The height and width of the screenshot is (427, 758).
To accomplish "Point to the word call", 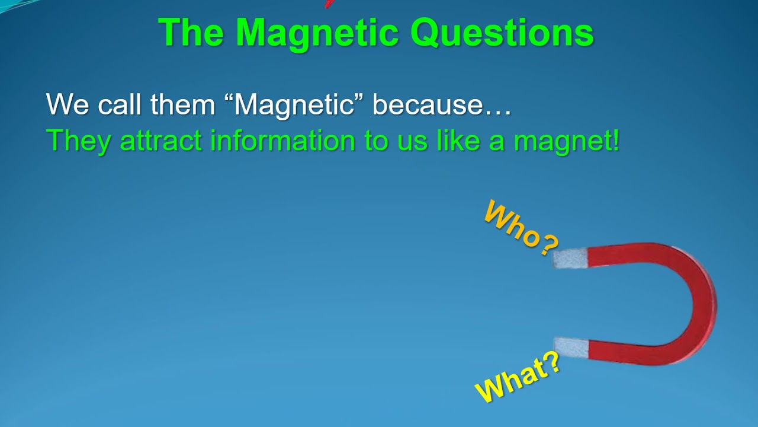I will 120,104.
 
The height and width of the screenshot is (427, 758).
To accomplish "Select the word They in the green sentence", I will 79,141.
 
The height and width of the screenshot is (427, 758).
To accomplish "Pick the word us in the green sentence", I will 408,141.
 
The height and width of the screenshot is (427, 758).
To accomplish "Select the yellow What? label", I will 518,380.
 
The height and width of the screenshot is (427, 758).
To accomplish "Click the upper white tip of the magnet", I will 570,258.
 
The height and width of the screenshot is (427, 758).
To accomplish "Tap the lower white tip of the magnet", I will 570,347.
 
